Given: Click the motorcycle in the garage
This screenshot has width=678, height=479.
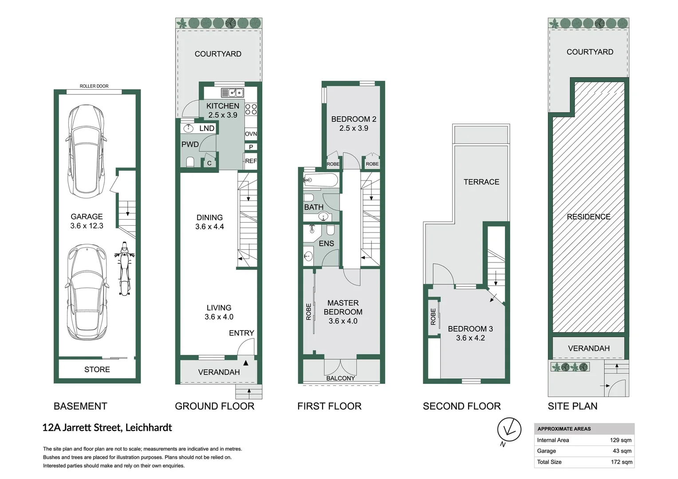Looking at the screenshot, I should pos(124,268).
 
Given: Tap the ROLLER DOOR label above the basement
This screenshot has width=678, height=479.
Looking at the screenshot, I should pos(94,86).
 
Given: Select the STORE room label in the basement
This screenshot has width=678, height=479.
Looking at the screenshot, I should pos(97,369).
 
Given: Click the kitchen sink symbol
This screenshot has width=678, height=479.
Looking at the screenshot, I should pos(232,93).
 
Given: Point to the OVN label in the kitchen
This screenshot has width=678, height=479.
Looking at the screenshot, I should pos(251,134).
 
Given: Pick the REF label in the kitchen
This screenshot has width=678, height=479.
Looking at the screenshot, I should pos(251,161).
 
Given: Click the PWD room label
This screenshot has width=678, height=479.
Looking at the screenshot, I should pos(190,144).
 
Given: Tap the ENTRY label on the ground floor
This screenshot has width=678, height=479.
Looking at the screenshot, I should pos(241,333).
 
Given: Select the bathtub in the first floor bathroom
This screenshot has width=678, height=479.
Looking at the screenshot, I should pos(321,180).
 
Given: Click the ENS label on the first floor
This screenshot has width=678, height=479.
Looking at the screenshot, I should pos(326,243).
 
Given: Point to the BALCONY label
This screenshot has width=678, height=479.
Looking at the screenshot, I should pos(340,378).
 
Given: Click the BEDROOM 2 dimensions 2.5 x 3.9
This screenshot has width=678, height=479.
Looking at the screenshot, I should pos(354,128).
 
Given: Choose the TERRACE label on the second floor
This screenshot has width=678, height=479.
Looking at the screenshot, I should pos(481,182).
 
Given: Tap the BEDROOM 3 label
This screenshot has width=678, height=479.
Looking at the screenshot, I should pos(470,329).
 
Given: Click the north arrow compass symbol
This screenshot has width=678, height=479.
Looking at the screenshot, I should pos(508,429).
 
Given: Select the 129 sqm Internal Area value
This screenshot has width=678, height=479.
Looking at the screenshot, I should pos(620,440).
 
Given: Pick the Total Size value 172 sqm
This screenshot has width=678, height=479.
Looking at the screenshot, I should pos(621,462).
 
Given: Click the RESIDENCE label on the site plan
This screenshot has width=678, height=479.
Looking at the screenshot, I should pos(588,217).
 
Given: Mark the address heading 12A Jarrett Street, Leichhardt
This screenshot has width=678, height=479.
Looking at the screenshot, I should pos(107,428).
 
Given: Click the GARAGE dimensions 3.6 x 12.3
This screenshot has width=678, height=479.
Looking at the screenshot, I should pos(87,226).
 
